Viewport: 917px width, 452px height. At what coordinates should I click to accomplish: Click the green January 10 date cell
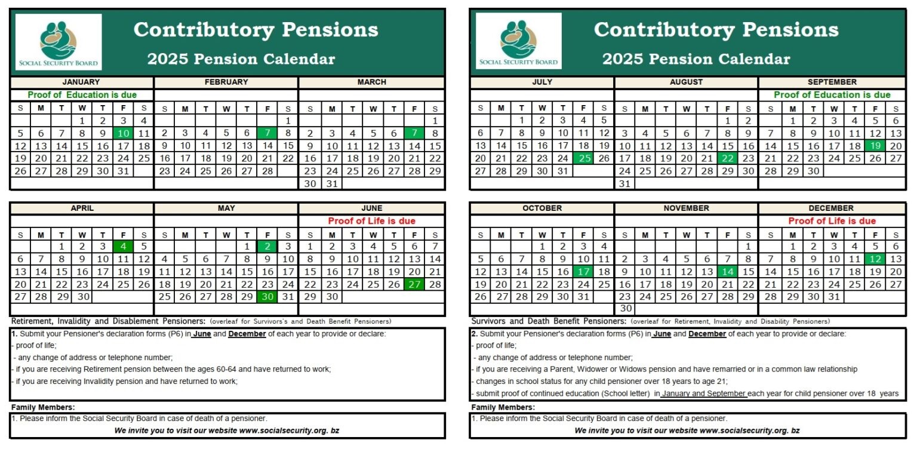(x=123, y=133)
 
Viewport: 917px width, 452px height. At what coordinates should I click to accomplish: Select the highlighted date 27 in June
(x=414, y=284)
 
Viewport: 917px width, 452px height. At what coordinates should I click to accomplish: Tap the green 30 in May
(x=267, y=297)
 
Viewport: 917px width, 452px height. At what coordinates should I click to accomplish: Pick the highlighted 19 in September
(x=875, y=146)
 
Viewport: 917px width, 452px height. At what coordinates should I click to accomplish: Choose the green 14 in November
(x=727, y=272)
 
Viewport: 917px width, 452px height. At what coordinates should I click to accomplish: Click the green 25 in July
(x=583, y=158)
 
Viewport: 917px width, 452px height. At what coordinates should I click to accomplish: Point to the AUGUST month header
(x=686, y=82)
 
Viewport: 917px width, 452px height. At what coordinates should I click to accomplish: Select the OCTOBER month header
(x=542, y=208)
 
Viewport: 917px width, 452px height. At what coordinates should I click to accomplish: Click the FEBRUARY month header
(x=226, y=82)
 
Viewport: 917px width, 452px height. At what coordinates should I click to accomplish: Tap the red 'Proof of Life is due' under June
(x=371, y=221)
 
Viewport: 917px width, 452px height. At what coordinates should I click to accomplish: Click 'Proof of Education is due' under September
(x=832, y=95)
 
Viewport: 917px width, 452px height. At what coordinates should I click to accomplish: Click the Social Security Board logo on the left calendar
(x=59, y=42)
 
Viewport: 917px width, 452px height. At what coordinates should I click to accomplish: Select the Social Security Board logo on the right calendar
(x=518, y=42)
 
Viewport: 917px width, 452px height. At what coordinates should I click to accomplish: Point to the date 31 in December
(x=834, y=297)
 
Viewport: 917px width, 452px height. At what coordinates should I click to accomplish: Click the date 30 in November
(x=624, y=309)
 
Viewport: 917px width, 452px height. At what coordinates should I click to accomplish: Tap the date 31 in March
(x=332, y=184)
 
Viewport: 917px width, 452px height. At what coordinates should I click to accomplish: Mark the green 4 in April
(x=123, y=246)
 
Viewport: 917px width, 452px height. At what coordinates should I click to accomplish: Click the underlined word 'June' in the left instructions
(x=202, y=334)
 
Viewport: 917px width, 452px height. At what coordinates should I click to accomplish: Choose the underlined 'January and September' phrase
(x=704, y=393)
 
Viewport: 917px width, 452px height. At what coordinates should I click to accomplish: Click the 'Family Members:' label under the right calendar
(x=503, y=407)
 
